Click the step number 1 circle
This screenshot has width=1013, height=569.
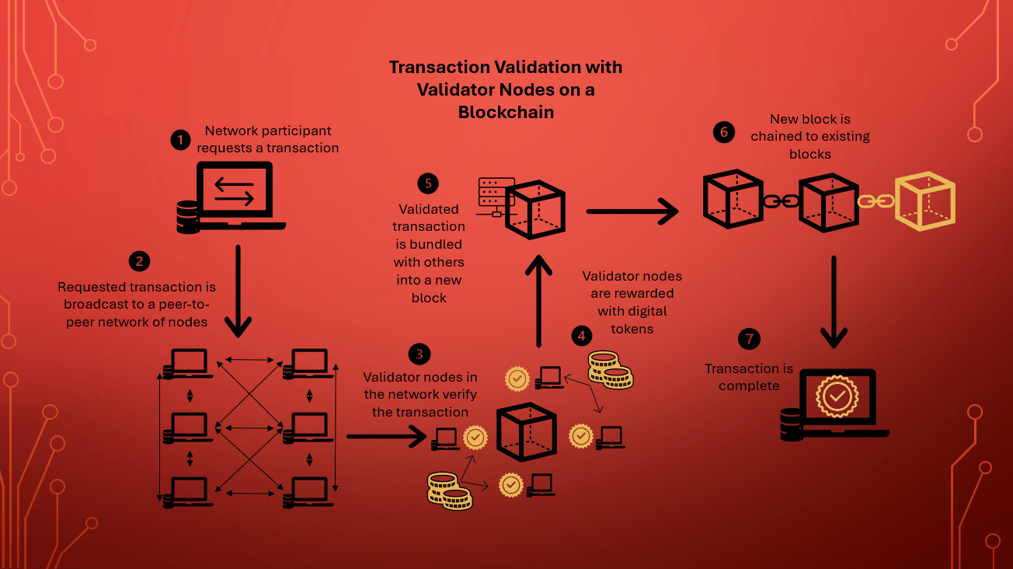click(x=180, y=140)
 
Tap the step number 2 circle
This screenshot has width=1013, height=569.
click(x=139, y=261)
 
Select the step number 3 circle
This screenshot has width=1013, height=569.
click(x=419, y=354)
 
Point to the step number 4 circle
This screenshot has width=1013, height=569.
click(x=581, y=336)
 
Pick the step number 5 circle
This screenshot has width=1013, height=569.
click(x=427, y=183)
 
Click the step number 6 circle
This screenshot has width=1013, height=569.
click(x=724, y=132)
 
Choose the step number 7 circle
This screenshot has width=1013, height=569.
click(x=749, y=339)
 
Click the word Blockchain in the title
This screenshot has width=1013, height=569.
click(x=506, y=112)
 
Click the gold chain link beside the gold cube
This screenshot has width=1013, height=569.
click(x=876, y=201)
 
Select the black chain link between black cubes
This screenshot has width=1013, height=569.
click(x=781, y=201)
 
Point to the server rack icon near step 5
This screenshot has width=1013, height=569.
click(x=496, y=196)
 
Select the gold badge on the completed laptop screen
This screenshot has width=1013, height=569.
click(x=837, y=396)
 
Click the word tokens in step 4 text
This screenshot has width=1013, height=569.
click(x=632, y=329)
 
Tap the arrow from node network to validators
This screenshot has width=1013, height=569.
click(x=386, y=436)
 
